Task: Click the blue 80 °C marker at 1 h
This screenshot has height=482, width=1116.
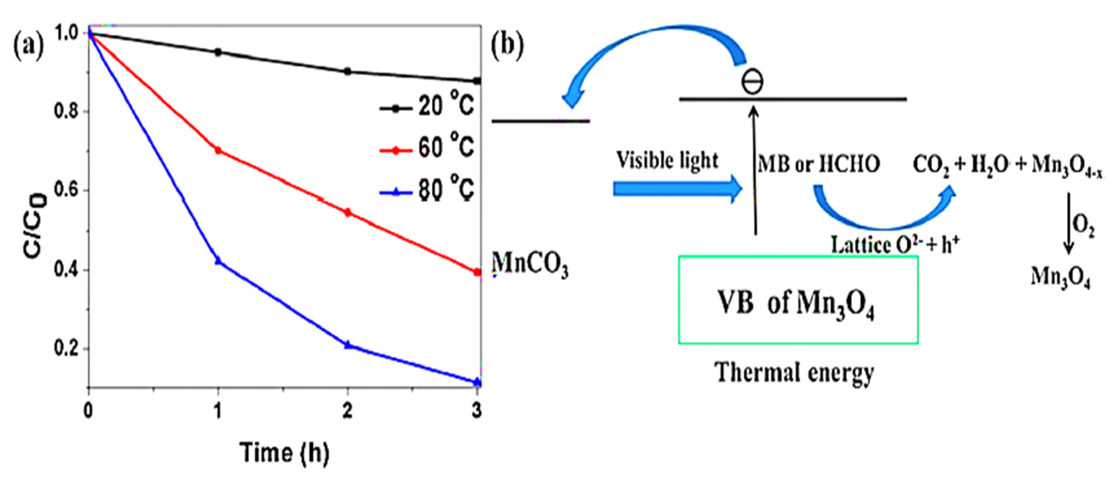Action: [218, 261]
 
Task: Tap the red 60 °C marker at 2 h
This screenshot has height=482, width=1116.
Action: [347, 213]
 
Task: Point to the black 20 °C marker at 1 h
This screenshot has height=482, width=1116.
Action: [218, 52]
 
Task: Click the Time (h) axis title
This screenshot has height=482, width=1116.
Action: [285, 453]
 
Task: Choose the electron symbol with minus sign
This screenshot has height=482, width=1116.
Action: [753, 82]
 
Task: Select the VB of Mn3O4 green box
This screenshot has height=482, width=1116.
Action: [798, 300]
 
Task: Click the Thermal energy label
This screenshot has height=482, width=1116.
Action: [795, 372]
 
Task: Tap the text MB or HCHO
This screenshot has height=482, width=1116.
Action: [819, 165]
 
